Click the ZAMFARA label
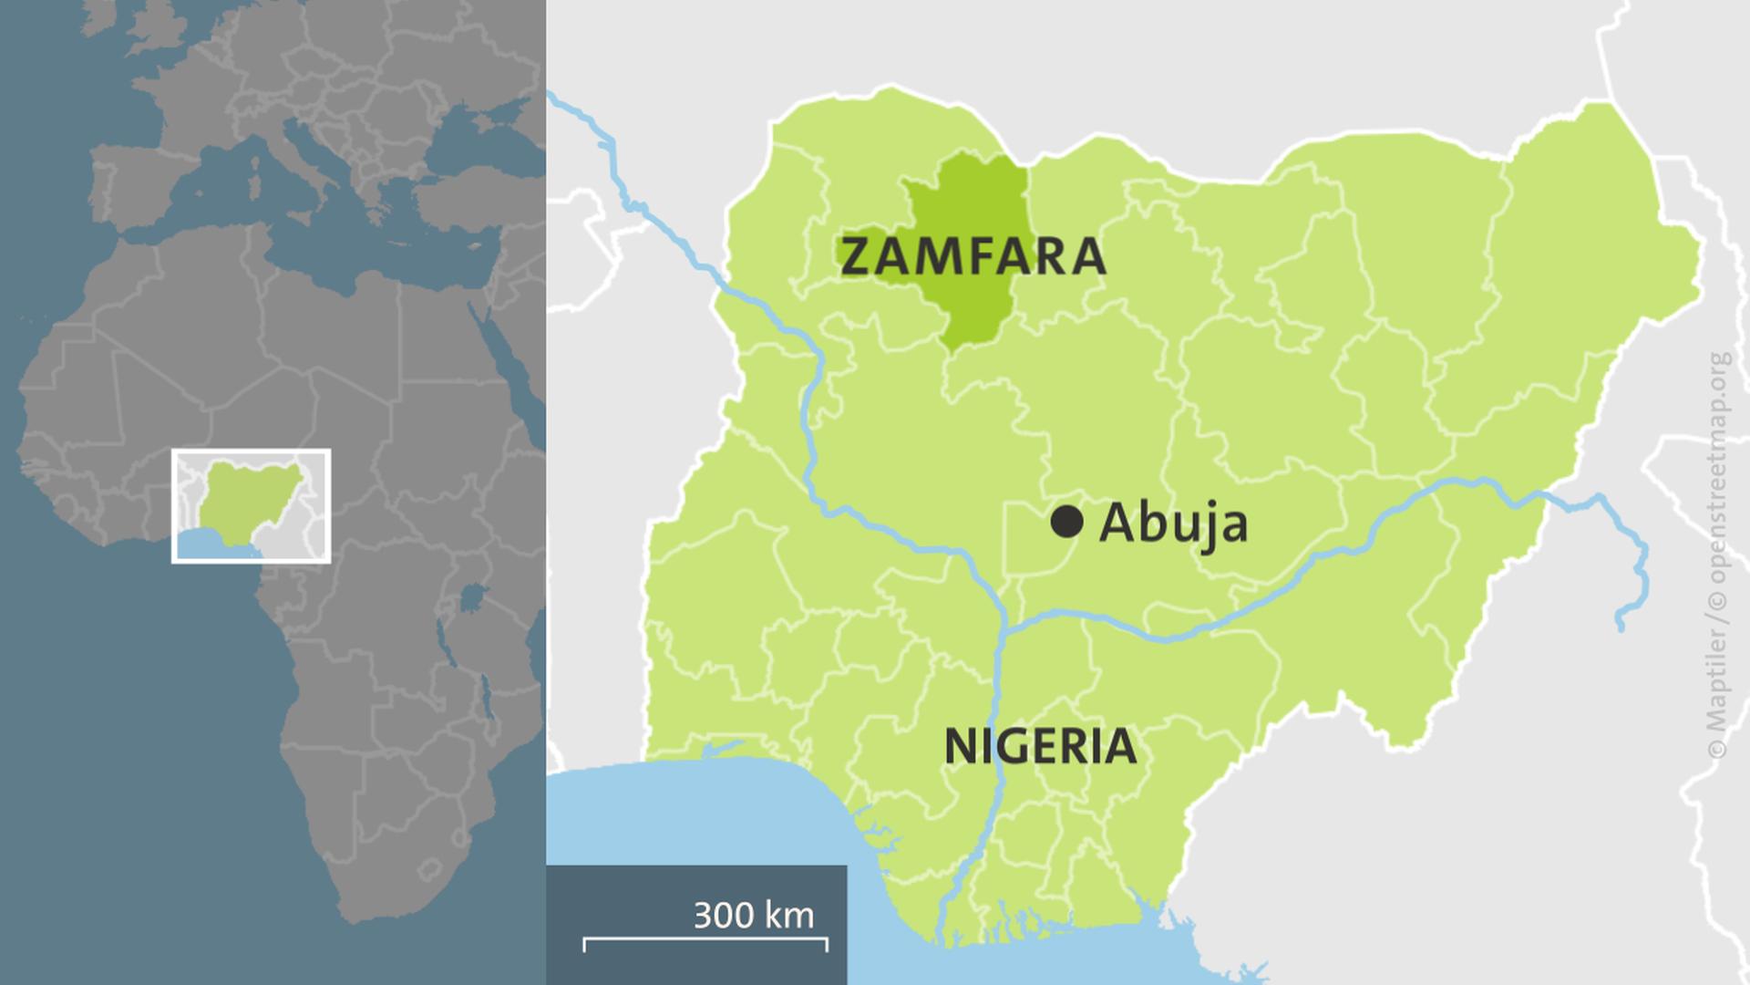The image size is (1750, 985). tap(973, 256)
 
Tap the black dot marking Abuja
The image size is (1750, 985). tap(1066, 523)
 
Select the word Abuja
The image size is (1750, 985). tap(1173, 524)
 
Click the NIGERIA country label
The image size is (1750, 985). tap(1040, 747)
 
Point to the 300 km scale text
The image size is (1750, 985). tap(753, 915)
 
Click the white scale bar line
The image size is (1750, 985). tap(705, 939)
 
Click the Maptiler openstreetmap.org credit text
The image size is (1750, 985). tap(1718, 556)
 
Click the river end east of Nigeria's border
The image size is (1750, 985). tap(1621, 627)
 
